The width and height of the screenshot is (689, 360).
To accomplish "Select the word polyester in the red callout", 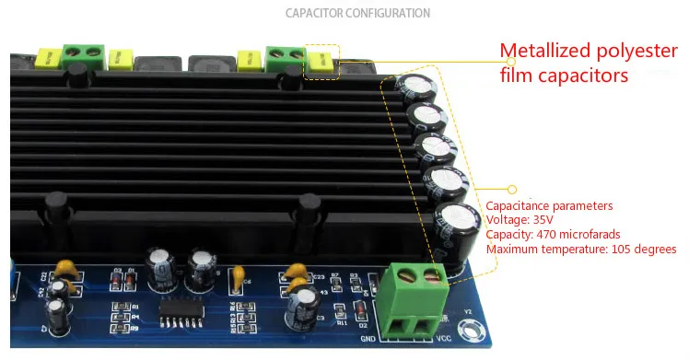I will point(636,51).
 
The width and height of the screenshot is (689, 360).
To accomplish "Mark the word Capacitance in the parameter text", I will point(520,205).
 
